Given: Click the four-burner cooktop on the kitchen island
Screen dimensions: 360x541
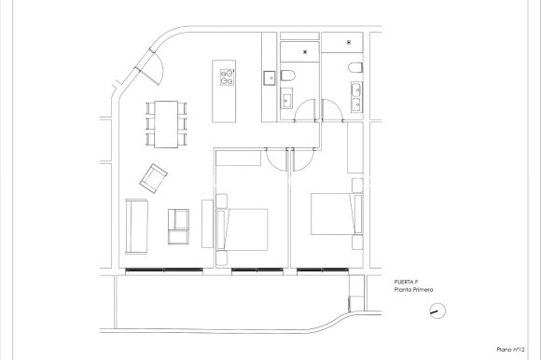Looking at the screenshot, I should tap(227, 75).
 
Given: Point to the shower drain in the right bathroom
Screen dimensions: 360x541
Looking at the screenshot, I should tap(348, 42).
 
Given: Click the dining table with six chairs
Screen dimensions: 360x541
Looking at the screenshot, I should tap(166, 123).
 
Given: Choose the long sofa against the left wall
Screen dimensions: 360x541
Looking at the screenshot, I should tap(136, 226).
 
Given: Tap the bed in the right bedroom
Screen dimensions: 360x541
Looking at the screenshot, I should tap(331, 215).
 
